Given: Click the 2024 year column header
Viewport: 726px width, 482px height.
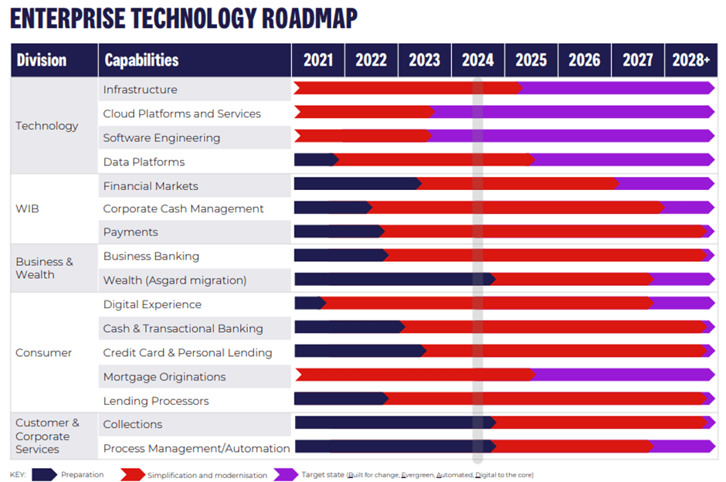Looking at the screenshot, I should point(477,60).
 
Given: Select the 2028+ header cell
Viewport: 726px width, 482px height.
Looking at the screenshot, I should point(690,60).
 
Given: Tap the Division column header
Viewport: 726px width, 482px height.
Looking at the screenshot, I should point(42,60).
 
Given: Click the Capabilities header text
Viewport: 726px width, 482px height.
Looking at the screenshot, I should point(141,60).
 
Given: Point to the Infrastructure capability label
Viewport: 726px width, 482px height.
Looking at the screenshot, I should point(140,90).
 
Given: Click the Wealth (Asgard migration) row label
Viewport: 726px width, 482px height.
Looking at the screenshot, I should point(175,280).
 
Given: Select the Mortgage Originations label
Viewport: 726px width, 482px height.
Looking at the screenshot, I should point(165,377).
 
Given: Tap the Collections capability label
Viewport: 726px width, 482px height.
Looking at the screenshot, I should point(133,424).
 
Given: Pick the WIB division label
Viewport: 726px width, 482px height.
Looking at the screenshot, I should point(28,209).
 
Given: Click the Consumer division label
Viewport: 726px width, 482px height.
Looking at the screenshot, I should point(43,353).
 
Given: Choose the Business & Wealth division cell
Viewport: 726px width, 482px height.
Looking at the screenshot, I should point(44,268).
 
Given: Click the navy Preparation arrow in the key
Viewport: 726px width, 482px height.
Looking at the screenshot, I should point(43,474).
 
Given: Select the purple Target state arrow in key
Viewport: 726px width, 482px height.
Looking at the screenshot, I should point(286,474).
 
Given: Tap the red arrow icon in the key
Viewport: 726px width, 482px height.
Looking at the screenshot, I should point(132,474).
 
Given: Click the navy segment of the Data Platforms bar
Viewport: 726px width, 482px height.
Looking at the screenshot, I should point(314,160).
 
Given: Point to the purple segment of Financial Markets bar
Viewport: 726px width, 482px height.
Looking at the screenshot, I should point(665,184).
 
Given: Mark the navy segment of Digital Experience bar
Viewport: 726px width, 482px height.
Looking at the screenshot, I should point(308,303).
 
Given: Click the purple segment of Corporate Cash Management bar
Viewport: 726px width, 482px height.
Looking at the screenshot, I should point(687,208).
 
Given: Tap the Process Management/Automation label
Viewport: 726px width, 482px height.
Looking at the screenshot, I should point(196,448).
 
